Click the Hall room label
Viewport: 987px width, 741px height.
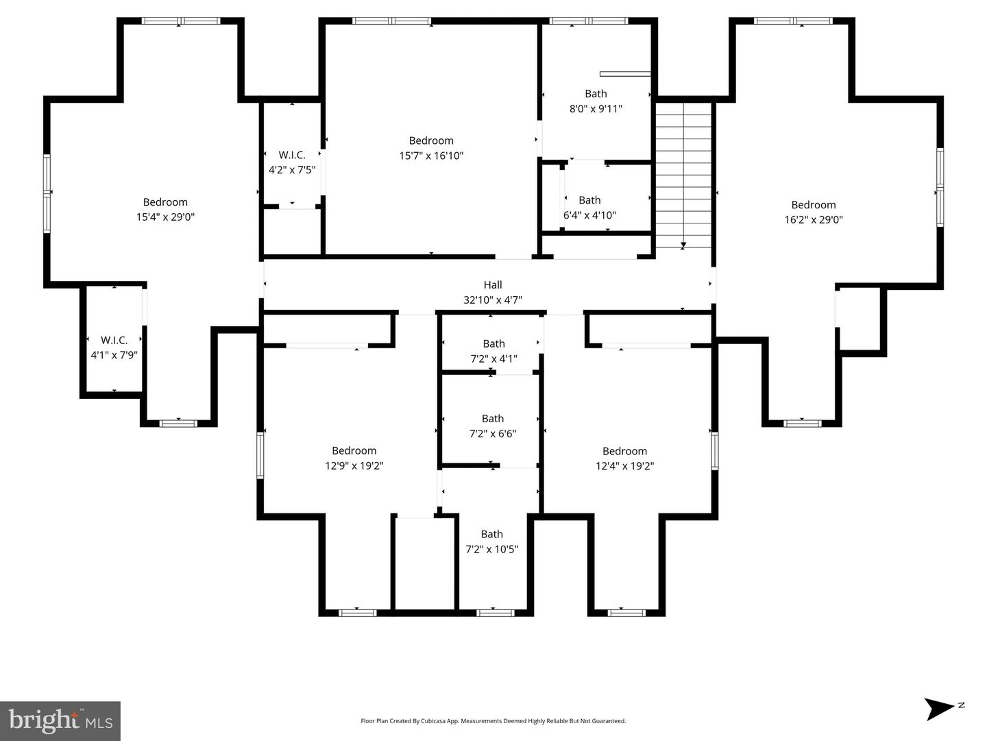493,285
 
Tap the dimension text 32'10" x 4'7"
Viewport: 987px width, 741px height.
493,300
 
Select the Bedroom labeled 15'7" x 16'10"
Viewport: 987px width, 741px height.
431,148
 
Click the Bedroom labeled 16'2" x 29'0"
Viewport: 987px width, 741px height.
814,212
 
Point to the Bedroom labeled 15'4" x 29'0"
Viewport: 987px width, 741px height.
165,209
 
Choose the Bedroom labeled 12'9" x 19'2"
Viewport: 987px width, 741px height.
354,458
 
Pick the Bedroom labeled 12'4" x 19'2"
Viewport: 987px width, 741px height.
624,458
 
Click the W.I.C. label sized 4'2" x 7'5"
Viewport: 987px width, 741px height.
292,162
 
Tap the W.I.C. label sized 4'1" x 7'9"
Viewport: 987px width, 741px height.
114,348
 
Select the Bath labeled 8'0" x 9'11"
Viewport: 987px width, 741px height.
596,101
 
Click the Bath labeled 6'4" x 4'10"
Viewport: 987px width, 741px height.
589,207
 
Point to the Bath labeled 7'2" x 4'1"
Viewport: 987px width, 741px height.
493,351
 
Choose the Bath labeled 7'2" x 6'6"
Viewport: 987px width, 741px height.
492,426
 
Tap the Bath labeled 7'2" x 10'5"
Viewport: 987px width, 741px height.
491,542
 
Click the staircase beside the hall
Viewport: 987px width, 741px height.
683,175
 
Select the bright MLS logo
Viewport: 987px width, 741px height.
60,721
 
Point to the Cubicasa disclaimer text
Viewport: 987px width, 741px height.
493,721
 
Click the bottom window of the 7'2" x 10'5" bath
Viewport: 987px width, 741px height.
496,612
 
